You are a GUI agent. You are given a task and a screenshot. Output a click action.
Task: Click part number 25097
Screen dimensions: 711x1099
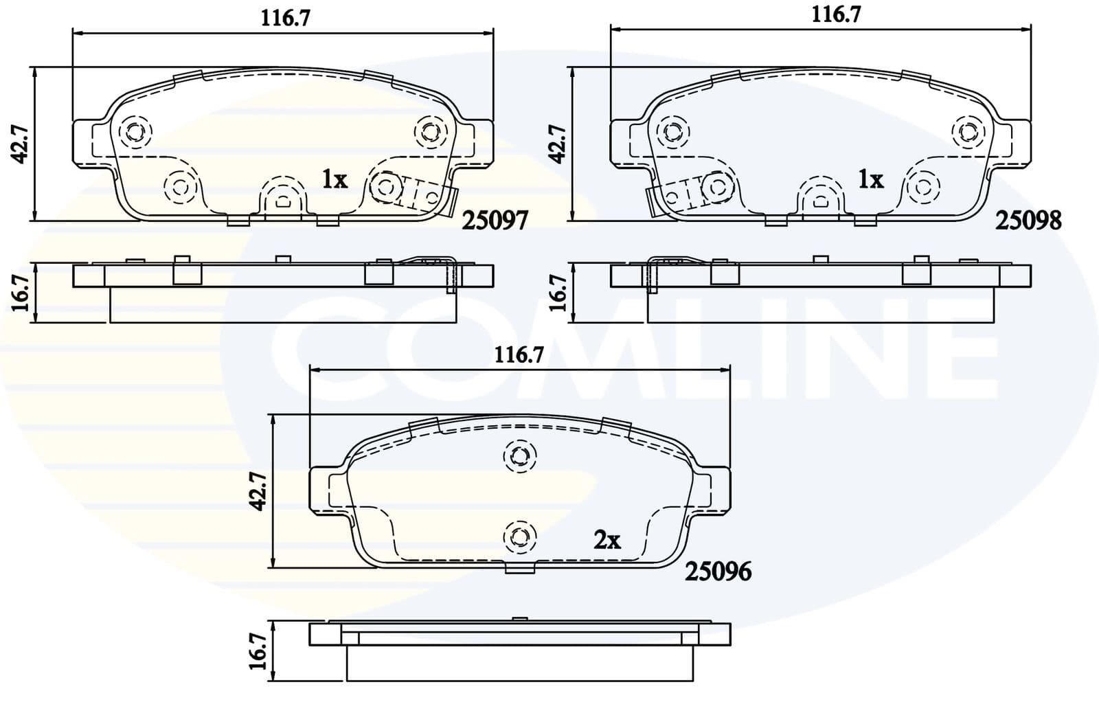[x=495, y=221]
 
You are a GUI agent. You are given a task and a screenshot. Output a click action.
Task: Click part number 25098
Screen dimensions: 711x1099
[x=1028, y=221]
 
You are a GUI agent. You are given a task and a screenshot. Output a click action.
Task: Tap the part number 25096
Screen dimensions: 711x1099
[x=718, y=571]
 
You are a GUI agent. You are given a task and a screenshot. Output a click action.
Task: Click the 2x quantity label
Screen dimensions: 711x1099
[x=607, y=541]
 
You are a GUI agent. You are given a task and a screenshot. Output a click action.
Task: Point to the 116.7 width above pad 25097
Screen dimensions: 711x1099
[x=285, y=18]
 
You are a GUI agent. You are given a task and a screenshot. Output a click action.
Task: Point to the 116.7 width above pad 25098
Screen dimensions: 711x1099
[x=836, y=15]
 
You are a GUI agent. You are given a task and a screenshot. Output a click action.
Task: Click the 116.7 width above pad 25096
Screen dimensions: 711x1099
[x=519, y=355]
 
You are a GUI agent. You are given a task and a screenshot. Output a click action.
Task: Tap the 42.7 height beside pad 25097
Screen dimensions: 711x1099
[x=19, y=144]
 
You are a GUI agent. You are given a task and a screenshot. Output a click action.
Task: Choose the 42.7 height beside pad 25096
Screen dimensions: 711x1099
[x=258, y=492]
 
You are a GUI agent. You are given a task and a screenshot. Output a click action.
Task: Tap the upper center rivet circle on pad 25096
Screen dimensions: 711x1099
[x=520, y=455]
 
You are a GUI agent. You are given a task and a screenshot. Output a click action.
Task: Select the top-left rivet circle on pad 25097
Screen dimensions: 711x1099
[x=134, y=130]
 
